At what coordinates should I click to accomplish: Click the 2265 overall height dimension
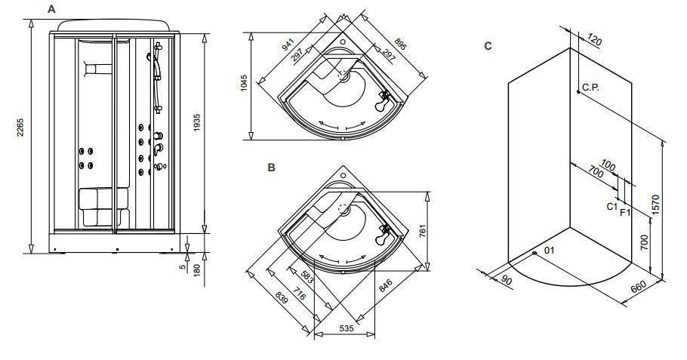(x=20, y=128)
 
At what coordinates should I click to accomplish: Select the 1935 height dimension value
(x=197, y=123)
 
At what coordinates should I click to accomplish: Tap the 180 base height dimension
(x=197, y=269)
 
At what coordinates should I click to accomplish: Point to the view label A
(x=51, y=9)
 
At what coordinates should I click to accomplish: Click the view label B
(x=272, y=168)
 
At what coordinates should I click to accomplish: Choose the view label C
(x=488, y=46)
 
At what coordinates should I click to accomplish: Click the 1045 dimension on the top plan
(x=244, y=83)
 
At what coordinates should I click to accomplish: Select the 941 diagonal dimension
(x=288, y=44)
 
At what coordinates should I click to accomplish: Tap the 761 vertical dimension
(x=423, y=231)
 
